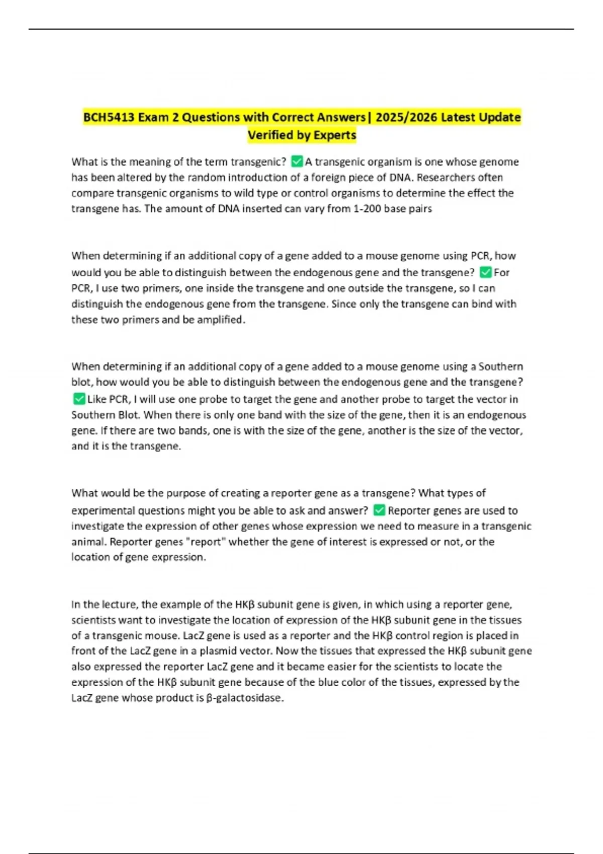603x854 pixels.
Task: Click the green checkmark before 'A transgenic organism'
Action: click(297, 161)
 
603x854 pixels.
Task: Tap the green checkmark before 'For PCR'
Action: click(485, 272)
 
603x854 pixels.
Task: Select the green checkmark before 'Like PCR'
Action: click(79, 399)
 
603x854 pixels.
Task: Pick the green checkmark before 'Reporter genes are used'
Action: click(379, 510)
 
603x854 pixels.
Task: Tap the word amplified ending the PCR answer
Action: click(219, 319)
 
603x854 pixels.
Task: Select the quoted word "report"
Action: click(206, 542)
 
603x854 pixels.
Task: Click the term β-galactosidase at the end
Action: click(245, 698)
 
